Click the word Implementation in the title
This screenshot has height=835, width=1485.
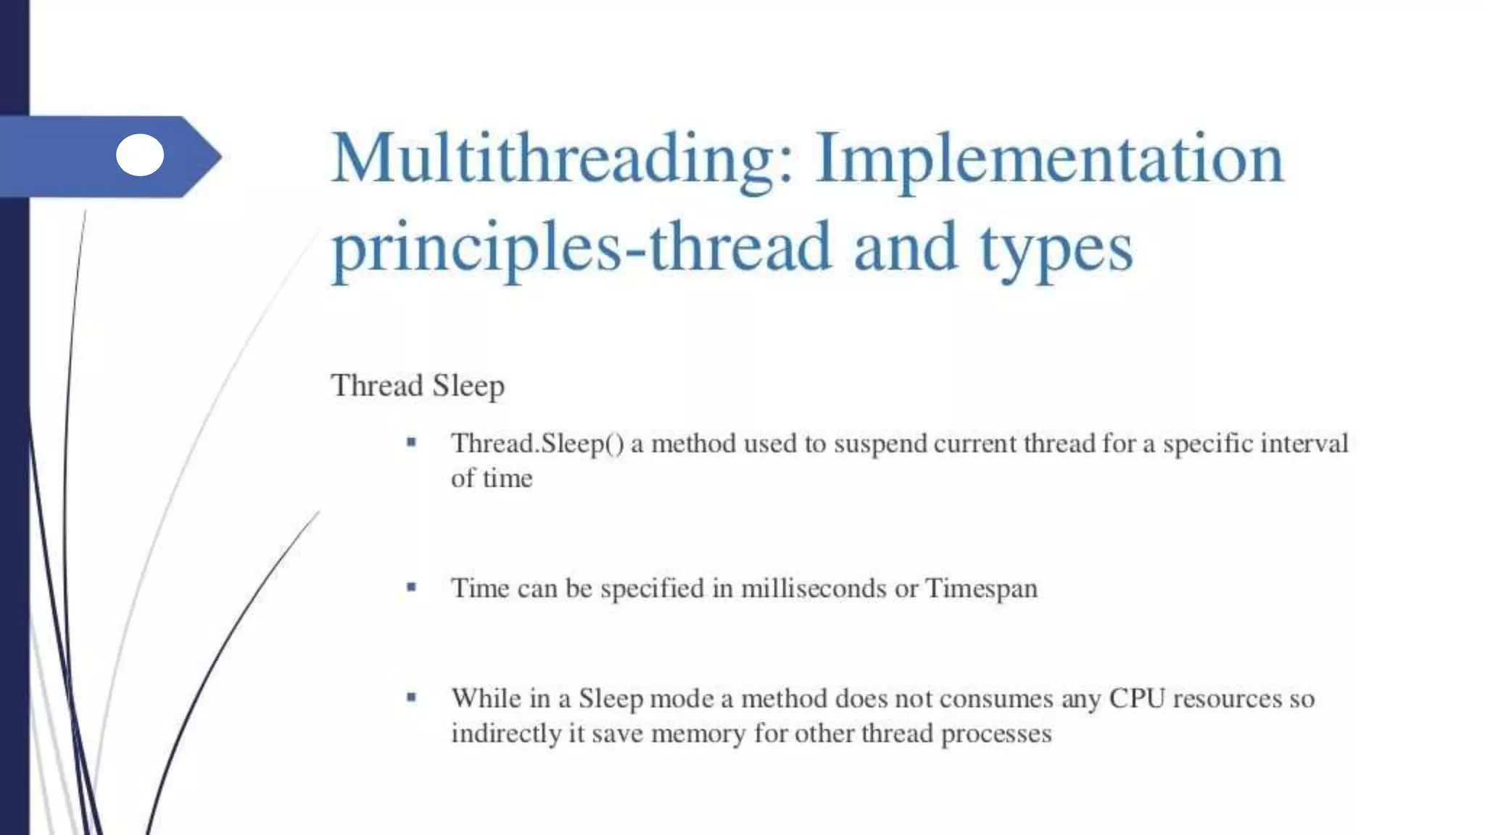click(x=1049, y=159)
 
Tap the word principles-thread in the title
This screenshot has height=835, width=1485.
click(x=580, y=248)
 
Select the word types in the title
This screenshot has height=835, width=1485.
click(x=1056, y=250)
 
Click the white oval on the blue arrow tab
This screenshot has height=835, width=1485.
click(x=140, y=155)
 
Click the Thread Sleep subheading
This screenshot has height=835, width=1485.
click(x=417, y=386)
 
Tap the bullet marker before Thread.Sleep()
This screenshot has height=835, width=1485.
click(x=411, y=442)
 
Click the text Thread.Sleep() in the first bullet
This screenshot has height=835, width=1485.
click(x=537, y=444)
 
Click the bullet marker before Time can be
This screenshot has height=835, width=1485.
click(x=411, y=587)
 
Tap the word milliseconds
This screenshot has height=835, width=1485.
click(x=813, y=588)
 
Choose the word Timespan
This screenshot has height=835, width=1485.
click(x=981, y=589)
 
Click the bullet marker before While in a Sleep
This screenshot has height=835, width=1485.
click(x=411, y=697)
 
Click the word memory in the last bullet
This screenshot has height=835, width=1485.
click(x=698, y=734)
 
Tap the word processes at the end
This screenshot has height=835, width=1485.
click(x=996, y=734)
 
